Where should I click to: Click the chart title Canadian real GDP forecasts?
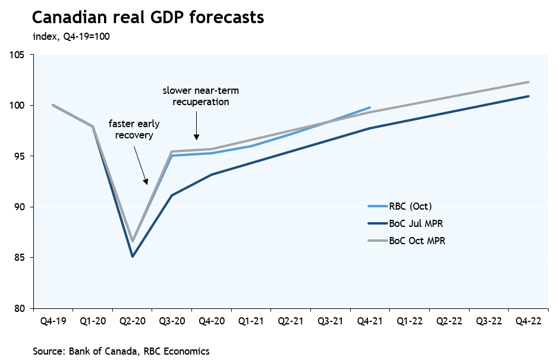click(x=148, y=18)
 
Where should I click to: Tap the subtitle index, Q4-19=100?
click(x=71, y=37)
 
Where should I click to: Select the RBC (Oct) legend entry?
click(x=410, y=207)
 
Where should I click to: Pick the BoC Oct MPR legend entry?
click(x=417, y=241)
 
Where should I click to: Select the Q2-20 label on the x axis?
click(x=132, y=321)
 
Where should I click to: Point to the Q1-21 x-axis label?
click(x=251, y=321)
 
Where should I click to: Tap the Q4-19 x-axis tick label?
click(x=53, y=321)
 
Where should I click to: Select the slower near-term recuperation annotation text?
click(x=196, y=96)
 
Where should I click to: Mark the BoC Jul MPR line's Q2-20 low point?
click(x=132, y=257)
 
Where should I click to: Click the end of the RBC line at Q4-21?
click(x=370, y=108)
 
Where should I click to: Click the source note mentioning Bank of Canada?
click(x=121, y=351)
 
